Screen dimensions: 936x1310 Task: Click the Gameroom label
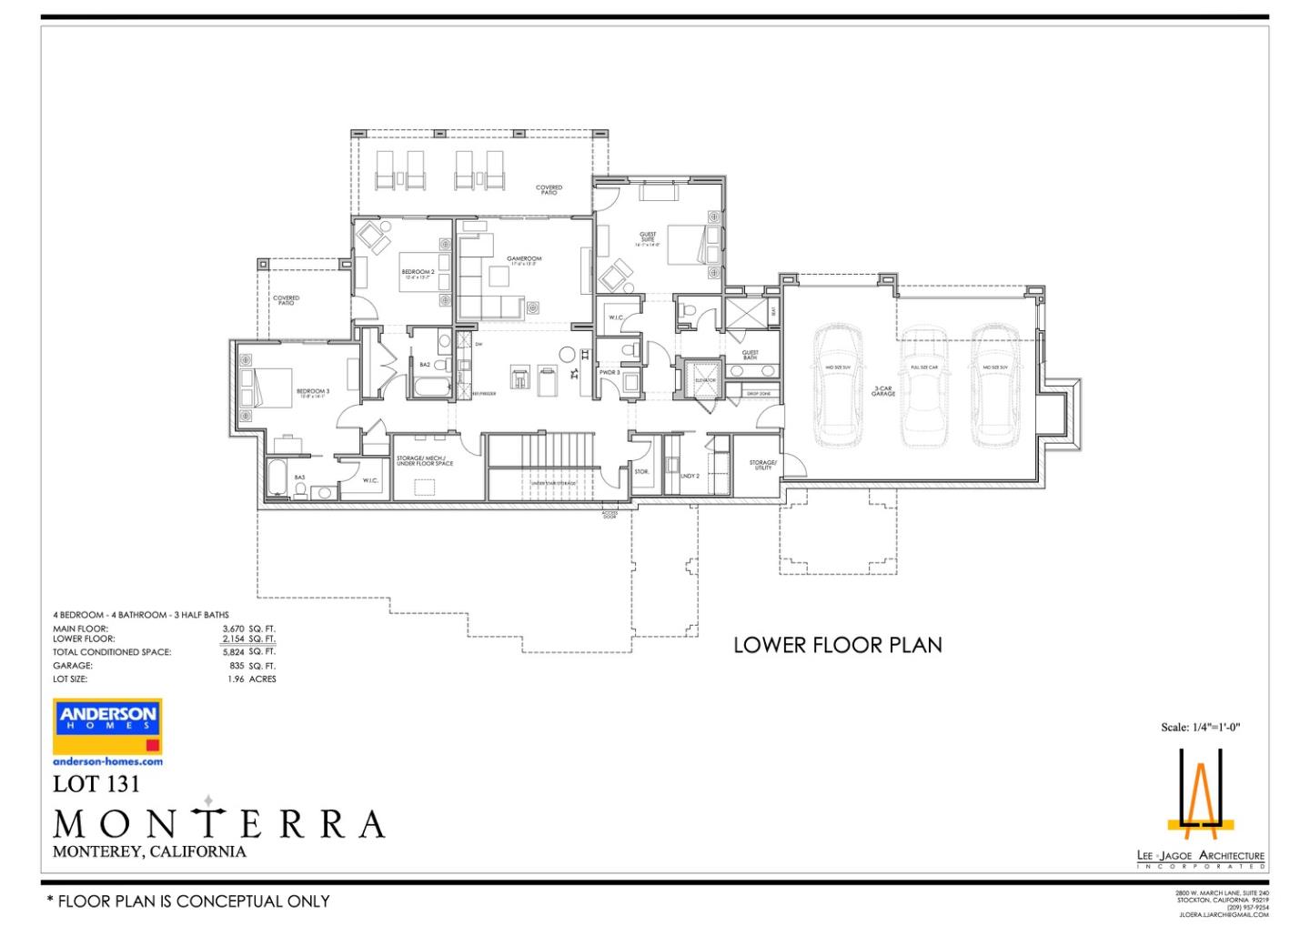524,260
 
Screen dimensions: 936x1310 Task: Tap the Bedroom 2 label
418,273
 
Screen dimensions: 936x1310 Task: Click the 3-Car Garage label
883,391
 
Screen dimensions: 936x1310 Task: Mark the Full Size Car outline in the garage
924,387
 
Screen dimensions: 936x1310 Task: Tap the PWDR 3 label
609,373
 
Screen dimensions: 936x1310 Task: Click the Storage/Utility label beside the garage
762,465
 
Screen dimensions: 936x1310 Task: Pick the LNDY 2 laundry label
689,476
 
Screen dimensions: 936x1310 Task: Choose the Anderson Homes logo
107,725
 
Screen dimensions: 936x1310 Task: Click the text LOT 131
96,783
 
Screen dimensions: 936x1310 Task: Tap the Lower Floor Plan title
837,645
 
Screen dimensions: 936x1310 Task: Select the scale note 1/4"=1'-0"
1200,727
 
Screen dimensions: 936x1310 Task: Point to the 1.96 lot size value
237,679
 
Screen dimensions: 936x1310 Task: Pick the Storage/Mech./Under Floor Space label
424,461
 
